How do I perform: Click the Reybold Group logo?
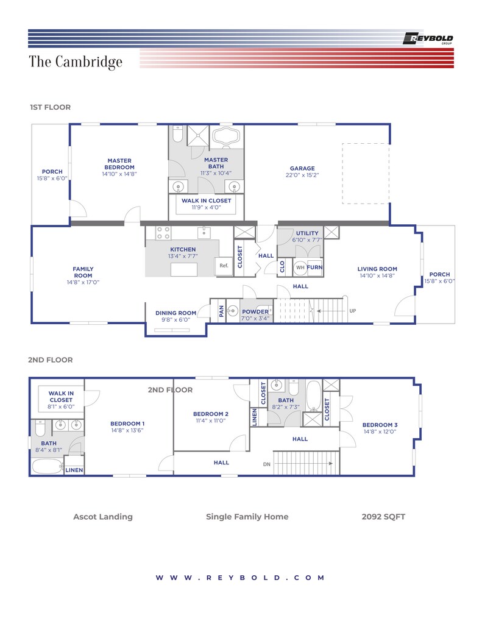[428, 38]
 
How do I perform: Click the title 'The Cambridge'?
[75, 62]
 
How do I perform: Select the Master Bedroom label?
[119, 164]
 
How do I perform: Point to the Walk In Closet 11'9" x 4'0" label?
[206, 204]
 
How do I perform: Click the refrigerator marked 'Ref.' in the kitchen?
[224, 266]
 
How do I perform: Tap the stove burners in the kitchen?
[163, 233]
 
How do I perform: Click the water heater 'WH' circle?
[300, 268]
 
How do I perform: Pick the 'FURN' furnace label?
[314, 268]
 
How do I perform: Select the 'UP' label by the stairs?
[353, 311]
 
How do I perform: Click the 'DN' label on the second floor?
[267, 464]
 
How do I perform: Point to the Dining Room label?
[175, 313]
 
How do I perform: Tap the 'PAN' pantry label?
[221, 311]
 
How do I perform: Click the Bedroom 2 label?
[211, 414]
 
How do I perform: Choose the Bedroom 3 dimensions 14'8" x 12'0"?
[380, 431]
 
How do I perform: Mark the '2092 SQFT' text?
[383, 517]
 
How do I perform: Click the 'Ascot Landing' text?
[103, 517]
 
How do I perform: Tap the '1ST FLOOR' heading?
[50, 107]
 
